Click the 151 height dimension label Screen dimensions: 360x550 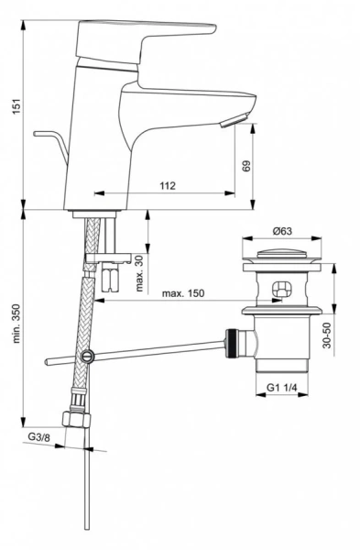click(17, 106)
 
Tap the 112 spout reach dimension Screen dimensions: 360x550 click(168, 185)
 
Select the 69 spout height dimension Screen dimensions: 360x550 click(246, 166)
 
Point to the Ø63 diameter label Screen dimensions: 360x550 click(281, 231)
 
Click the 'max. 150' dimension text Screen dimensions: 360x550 click(182, 293)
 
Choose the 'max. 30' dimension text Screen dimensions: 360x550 click(139, 274)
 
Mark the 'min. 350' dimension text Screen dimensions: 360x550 click(16, 324)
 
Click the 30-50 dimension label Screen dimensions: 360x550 click(327, 335)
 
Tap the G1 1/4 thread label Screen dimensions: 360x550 click(282, 388)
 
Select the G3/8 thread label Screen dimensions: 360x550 click(38, 437)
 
